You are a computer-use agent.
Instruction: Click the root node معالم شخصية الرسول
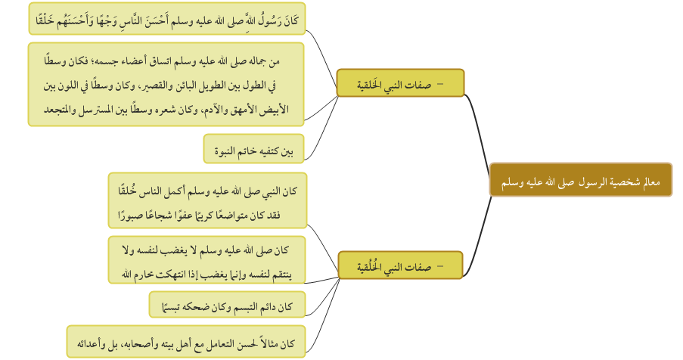click(x=581, y=180)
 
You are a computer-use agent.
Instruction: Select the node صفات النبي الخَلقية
click(x=400, y=82)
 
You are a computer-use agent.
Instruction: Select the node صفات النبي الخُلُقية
click(x=400, y=265)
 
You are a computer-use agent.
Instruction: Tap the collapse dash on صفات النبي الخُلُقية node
click(x=440, y=266)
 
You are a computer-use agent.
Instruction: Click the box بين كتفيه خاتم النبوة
click(x=253, y=149)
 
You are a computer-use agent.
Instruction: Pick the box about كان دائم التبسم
click(x=227, y=305)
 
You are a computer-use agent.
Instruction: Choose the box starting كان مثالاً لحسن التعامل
click(x=186, y=342)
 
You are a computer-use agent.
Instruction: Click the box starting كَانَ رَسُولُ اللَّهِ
click(x=167, y=19)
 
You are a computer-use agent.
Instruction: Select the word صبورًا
click(x=128, y=215)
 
